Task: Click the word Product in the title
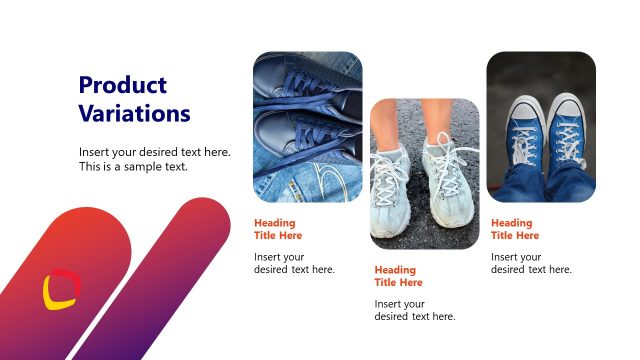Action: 123,85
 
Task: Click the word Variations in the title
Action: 134,113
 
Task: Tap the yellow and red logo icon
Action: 60,289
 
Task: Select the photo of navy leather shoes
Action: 308,128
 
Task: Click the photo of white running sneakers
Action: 425,173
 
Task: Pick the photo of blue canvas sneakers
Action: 541,127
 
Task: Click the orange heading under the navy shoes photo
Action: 278,229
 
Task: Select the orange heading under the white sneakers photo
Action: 398,276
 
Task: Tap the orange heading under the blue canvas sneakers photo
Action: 515,229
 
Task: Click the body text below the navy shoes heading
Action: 294,263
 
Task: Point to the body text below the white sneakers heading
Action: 414,310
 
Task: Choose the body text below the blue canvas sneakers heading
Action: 531,263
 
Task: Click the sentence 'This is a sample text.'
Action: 133,166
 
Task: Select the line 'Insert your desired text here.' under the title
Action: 155,152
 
